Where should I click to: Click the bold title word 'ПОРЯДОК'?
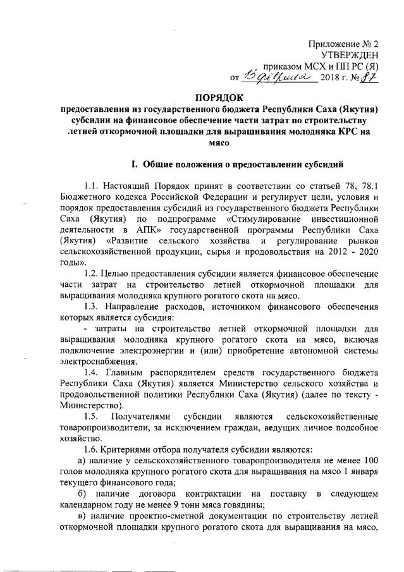point(221,98)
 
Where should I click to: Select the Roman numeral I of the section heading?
point(134,165)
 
